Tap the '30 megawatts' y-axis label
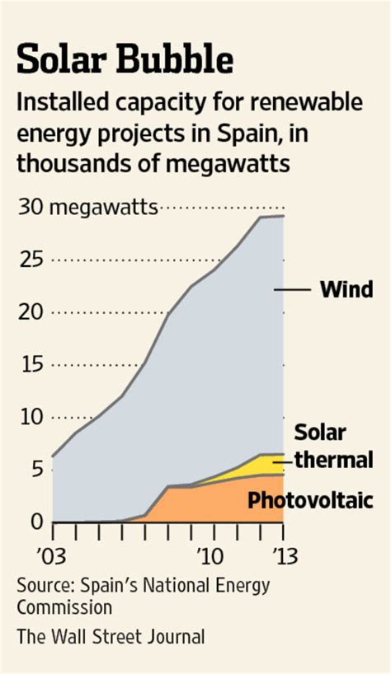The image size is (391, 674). (x=87, y=207)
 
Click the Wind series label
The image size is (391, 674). (x=346, y=290)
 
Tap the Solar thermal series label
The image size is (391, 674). (x=333, y=446)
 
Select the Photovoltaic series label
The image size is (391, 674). (x=311, y=500)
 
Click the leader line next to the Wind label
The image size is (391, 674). (x=290, y=289)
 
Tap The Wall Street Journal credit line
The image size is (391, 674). (x=111, y=637)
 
